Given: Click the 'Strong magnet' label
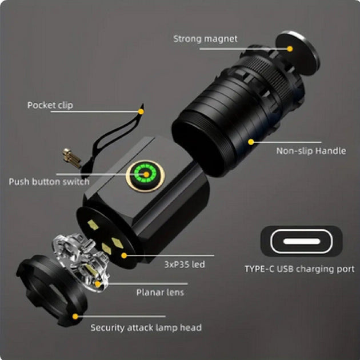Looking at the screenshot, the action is (x=205, y=39).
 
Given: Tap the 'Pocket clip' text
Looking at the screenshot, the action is (x=50, y=105).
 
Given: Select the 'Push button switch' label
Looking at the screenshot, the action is (x=49, y=182).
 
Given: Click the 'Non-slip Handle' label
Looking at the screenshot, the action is (x=311, y=151).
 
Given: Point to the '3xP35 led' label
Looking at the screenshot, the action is (x=185, y=264).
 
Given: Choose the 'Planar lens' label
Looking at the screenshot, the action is (x=160, y=292).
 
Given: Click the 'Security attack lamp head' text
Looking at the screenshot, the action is (x=146, y=327).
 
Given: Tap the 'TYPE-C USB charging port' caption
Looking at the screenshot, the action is (x=299, y=269).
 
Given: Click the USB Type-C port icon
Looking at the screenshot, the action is (x=302, y=241).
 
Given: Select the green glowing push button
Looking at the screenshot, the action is (x=145, y=175).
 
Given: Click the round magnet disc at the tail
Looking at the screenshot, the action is (x=298, y=53).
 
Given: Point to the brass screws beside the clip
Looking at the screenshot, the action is (x=72, y=158).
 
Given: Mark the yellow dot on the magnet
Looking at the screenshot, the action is (x=290, y=49).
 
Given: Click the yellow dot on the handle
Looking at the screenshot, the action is (x=251, y=142).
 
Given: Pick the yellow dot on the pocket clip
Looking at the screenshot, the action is (x=141, y=111).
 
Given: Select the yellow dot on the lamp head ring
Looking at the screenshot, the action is (x=75, y=317).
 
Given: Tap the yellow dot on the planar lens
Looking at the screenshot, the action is (x=98, y=284).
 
